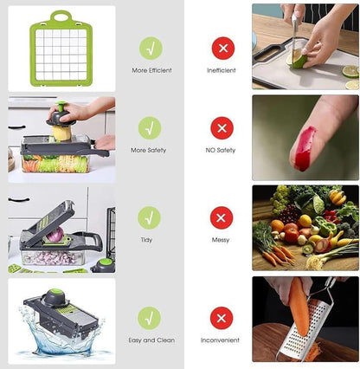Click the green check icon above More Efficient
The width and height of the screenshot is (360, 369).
pyautogui.click(x=150, y=48)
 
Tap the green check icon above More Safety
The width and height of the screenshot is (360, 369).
pyautogui.click(x=150, y=128)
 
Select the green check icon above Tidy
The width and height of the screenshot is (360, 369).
pyautogui.click(x=150, y=217)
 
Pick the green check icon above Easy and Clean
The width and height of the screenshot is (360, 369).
pyautogui.click(x=150, y=318)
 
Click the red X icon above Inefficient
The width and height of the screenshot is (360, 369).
pyautogui.click(x=222, y=48)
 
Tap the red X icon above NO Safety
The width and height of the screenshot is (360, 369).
pyautogui.click(x=222, y=128)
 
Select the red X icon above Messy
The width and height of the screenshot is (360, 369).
pyautogui.click(x=222, y=217)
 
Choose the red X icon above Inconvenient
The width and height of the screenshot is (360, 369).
pyautogui.click(x=222, y=318)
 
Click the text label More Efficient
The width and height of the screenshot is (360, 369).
pyautogui.click(x=151, y=70)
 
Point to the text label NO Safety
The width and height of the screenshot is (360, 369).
pyautogui.click(x=222, y=150)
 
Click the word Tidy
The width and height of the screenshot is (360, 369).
pyautogui.click(x=150, y=240)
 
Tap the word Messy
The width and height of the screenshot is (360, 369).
pyautogui.click(x=222, y=240)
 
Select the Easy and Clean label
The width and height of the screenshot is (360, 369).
pyautogui.click(x=151, y=340)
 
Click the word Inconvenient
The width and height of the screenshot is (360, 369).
pyautogui.click(x=222, y=340)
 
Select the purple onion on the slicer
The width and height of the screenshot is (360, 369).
pyautogui.click(x=55, y=236)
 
